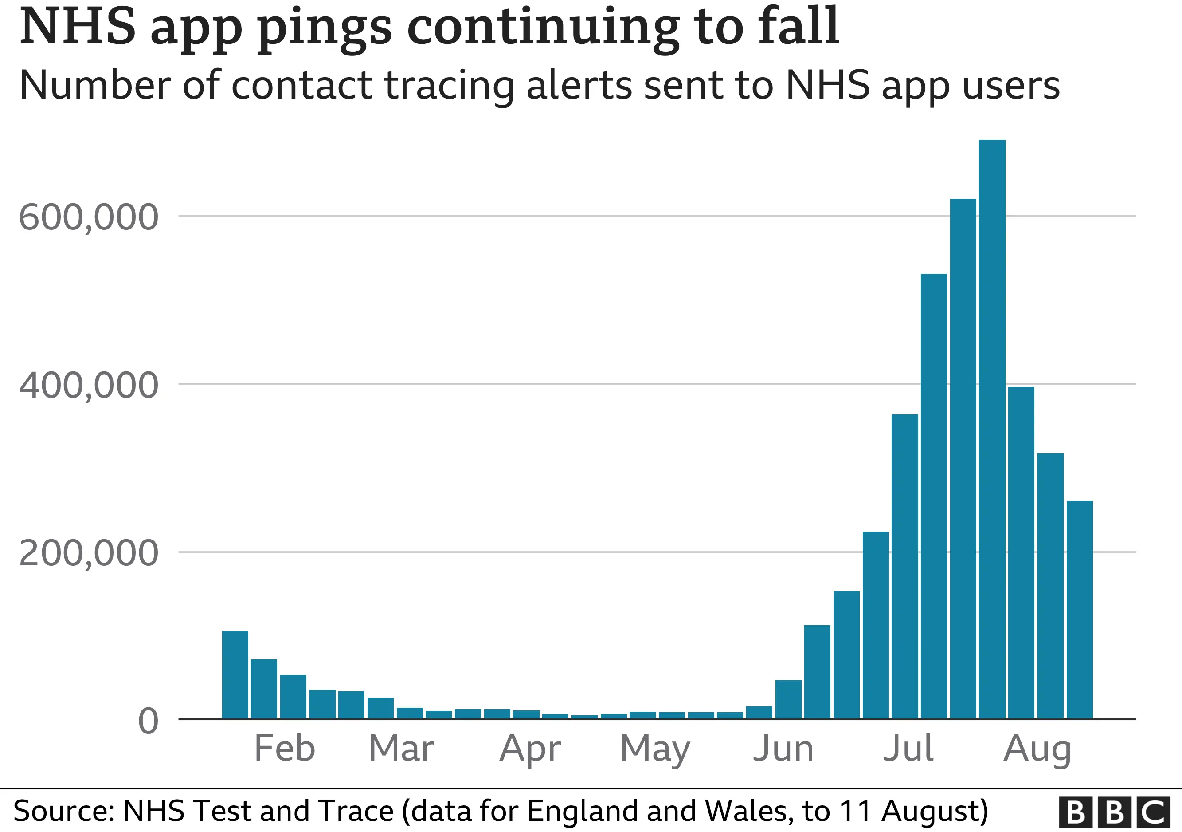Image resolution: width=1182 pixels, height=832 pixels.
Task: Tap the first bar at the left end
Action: (235, 674)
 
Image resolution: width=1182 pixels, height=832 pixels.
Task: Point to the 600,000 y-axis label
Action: (89, 217)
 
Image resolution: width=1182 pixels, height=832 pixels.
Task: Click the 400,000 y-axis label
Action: (89, 385)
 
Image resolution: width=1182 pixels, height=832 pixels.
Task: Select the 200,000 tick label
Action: (89, 553)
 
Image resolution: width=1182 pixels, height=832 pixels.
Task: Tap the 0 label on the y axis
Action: (148, 721)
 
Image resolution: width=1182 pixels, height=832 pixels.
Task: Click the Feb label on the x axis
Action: (285, 748)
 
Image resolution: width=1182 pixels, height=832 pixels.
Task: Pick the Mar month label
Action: (402, 748)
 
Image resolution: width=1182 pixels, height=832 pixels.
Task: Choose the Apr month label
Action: (530, 749)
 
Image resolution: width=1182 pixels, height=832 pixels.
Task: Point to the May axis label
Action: (655, 749)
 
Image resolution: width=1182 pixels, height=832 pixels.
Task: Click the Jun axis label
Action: (783, 748)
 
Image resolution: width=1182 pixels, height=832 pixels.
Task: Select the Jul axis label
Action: (908, 748)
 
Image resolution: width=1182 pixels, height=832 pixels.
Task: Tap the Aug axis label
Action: (1037, 749)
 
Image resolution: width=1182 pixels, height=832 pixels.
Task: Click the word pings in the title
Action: (325, 28)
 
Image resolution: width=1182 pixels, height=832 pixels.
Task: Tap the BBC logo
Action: (1115, 812)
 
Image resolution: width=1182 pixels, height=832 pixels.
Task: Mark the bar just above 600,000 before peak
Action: (963, 458)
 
